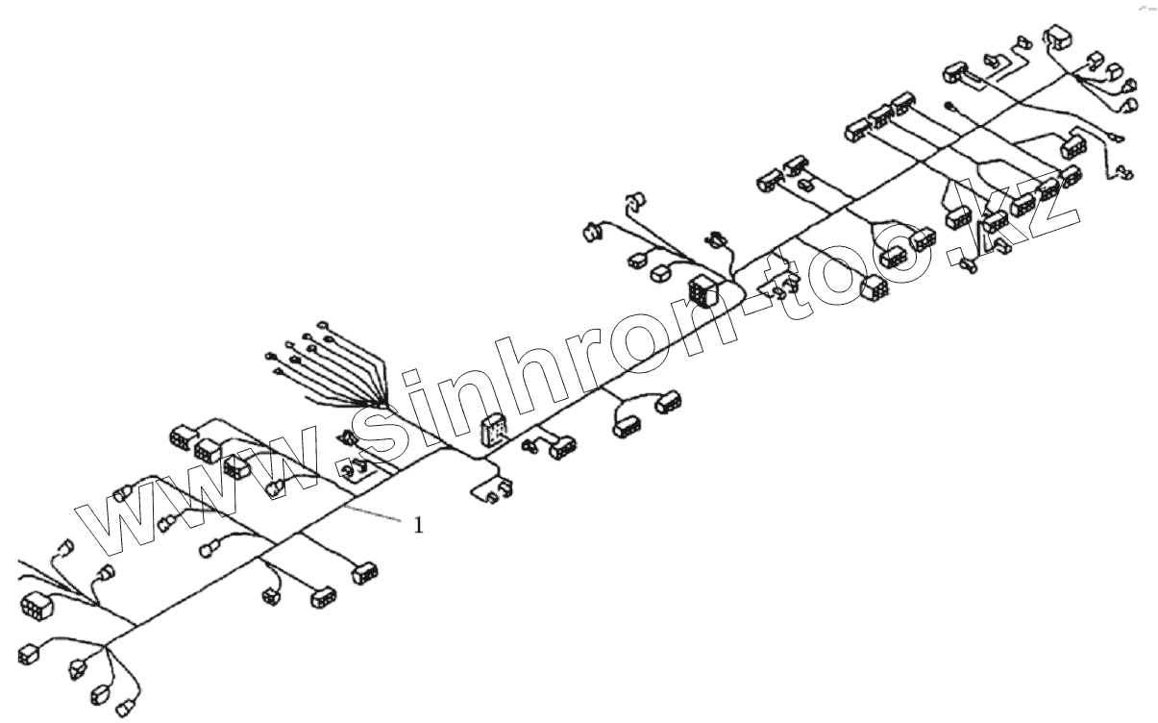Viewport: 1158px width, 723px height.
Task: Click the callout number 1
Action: [418, 525]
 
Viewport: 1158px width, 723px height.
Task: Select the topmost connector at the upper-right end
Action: [1058, 35]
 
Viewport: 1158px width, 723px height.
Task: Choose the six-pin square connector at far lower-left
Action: [35, 607]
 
